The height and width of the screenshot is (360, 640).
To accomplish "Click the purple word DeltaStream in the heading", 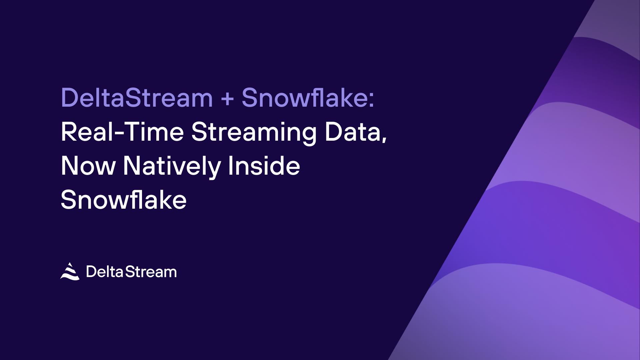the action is [137, 98].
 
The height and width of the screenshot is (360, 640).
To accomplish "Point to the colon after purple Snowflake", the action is [371, 100].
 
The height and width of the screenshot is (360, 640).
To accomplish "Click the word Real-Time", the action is [122, 132].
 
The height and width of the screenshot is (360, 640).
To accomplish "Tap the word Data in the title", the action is [353, 132].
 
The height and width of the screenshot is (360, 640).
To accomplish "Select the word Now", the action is [88, 166].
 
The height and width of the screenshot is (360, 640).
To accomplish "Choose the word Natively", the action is [172, 167].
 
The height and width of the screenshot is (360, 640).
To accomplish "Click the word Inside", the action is [264, 165].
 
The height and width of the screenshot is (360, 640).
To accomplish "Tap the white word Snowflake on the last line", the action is [124, 199].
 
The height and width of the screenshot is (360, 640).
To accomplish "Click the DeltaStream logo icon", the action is [70, 271].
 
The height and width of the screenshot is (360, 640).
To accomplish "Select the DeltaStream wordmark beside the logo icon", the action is [131, 272].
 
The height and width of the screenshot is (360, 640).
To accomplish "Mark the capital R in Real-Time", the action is [68, 132].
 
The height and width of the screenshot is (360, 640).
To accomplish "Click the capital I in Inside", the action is [230, 166].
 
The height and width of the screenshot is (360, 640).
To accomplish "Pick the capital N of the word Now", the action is [69, 166].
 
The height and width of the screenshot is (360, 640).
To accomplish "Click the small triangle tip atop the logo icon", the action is [70, 265].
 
